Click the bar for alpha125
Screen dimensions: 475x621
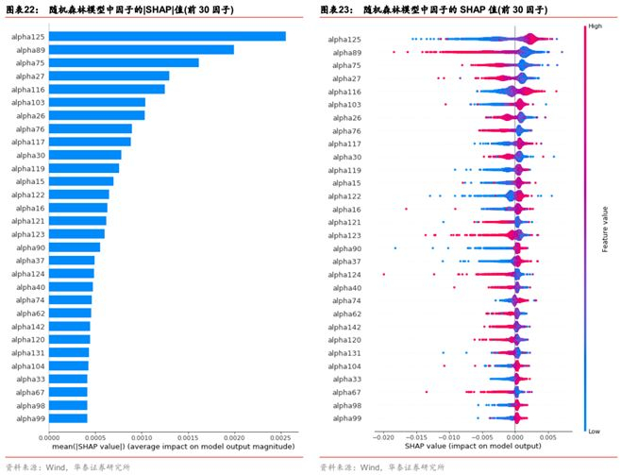[x=166, y=37]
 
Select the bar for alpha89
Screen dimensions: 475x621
[x=141, y=50]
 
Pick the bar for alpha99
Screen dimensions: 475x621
[x=67, y=417]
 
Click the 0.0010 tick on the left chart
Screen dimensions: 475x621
[x=142, y=437]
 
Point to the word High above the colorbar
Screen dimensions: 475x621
[x=594, y=26]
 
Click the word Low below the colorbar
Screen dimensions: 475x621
[x=594, y=430]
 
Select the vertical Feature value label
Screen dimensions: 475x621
[x=604, y=228]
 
